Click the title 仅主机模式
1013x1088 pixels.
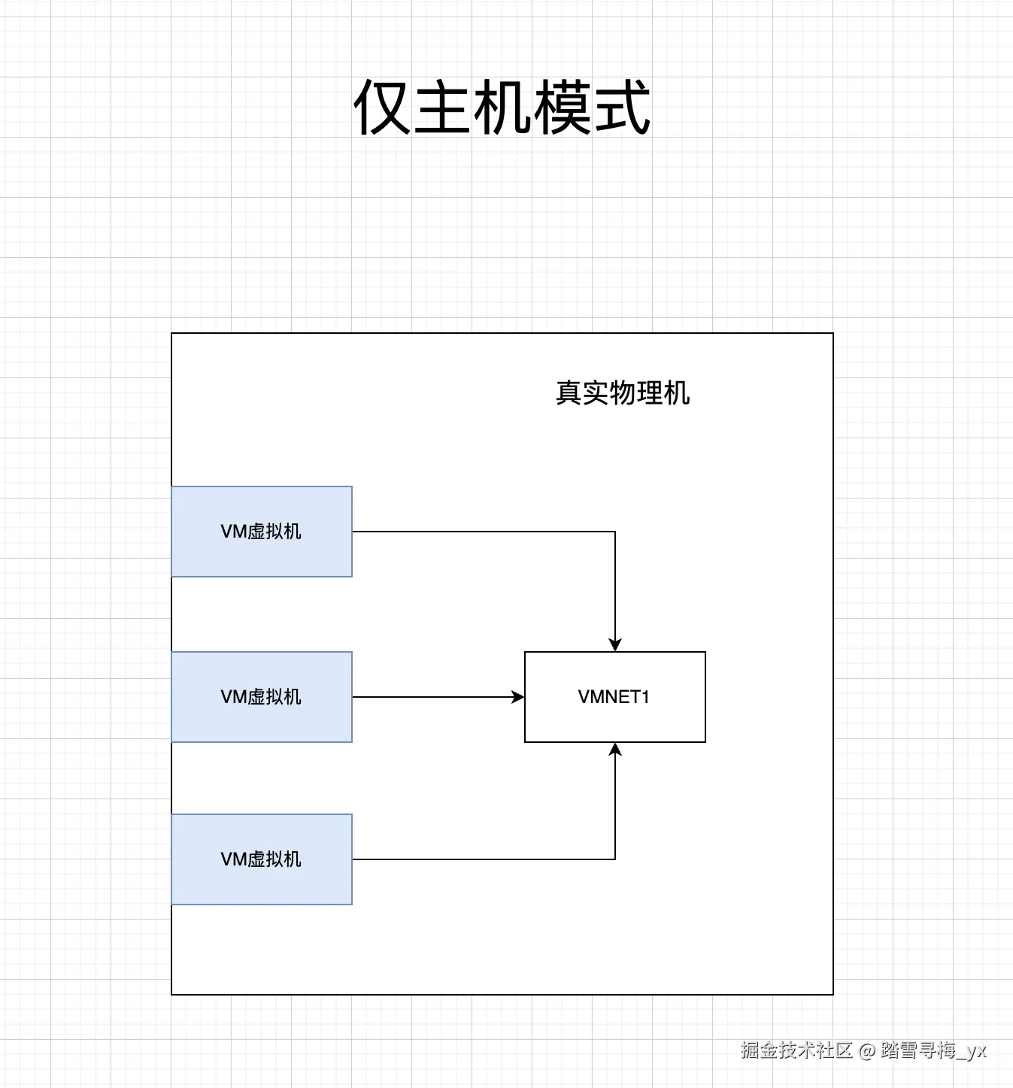(x=502, y=108)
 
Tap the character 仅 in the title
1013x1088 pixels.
(x=382, y=108)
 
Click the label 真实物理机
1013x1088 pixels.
(x=623, y=392)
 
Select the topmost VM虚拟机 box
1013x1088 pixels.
(x=262, y=532)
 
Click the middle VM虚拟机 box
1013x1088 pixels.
(x=262, y=697)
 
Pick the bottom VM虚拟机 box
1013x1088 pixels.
(x=262, y=859)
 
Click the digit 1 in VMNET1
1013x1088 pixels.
(x=644, y=697)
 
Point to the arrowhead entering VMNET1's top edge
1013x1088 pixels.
(x=615, y=645)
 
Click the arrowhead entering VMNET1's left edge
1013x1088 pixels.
(x=518, y=697)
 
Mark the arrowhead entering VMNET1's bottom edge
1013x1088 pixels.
(x=615, y=749)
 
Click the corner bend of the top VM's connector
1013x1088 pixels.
(x=615, y=532)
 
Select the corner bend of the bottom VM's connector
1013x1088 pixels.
(x=615, y=859)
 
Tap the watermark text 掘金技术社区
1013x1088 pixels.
(x=796, y=1050)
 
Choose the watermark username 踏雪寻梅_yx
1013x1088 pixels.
(x=933, y=1050)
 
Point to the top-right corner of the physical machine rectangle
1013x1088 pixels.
(x=833, y=333)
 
